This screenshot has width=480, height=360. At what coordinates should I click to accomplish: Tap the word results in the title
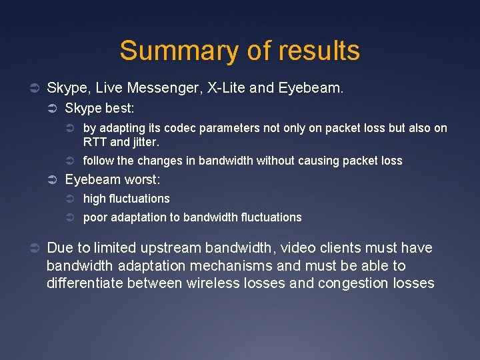(320, 51)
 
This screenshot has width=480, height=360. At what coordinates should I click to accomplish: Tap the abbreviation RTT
(94, 141)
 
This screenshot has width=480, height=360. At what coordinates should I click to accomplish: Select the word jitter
(145, 141)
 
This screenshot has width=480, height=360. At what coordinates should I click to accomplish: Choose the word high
(94, 199)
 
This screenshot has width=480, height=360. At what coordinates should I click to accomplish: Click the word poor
(95, 217)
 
